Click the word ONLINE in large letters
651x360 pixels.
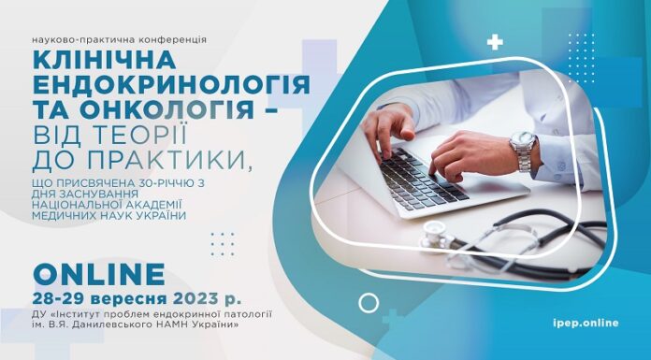coord(99,274)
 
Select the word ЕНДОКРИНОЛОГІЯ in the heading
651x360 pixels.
coord(171,85)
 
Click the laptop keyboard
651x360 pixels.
coord(412,177)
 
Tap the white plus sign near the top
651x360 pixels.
coord(495,42)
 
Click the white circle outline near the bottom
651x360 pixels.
coord(369,303)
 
